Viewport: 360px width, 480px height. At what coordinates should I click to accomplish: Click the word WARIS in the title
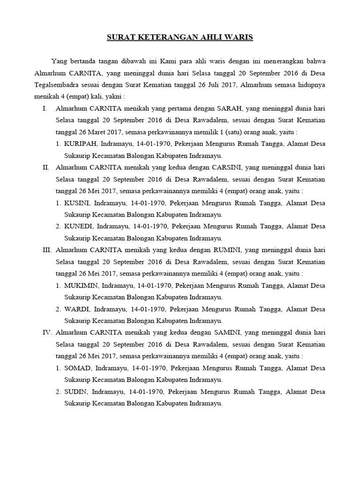pyautogui.click(x=237, y=37)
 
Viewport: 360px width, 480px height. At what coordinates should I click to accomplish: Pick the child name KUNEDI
pyautogui.click(x=79, y=226)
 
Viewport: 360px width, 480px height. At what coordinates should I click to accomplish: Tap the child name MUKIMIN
pyautogui.click(x=81, y=285)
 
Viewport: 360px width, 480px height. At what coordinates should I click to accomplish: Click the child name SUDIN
pyautogui.click(x=76, y=391)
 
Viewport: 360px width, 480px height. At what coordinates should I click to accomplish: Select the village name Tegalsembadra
pyautogui.click(x=60, y=85)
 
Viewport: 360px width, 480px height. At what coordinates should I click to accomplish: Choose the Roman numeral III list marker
pyautogui.click(x=46, y=250)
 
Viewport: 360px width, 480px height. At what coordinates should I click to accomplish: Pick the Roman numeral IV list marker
pyautogui.click(x=46, y=332)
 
